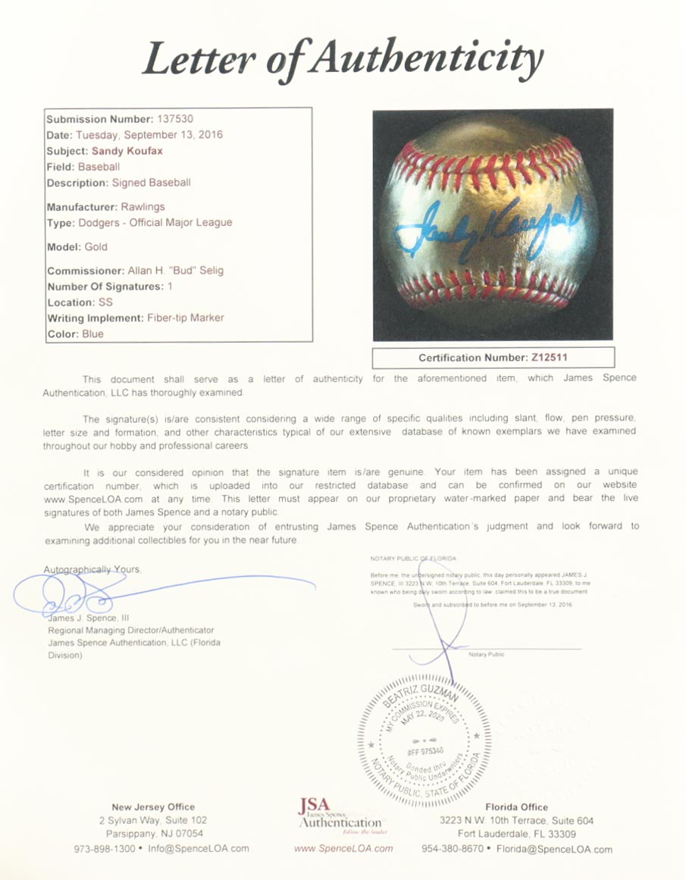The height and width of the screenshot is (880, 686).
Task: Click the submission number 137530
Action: point(174,119)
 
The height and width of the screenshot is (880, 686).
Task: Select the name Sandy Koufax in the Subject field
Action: point(127,151)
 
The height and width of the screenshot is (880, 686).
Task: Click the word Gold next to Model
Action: point(96,246)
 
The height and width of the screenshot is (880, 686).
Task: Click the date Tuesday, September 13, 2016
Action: point(149,135)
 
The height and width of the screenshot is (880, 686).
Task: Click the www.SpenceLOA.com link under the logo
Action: point(343,848)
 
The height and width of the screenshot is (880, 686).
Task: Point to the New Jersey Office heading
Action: point(153,807)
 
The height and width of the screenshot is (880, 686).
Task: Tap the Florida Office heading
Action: point(516,807)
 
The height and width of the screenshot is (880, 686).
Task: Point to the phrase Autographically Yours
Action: point(92,569)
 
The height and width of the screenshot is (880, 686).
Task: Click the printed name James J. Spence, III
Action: point(89,619)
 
